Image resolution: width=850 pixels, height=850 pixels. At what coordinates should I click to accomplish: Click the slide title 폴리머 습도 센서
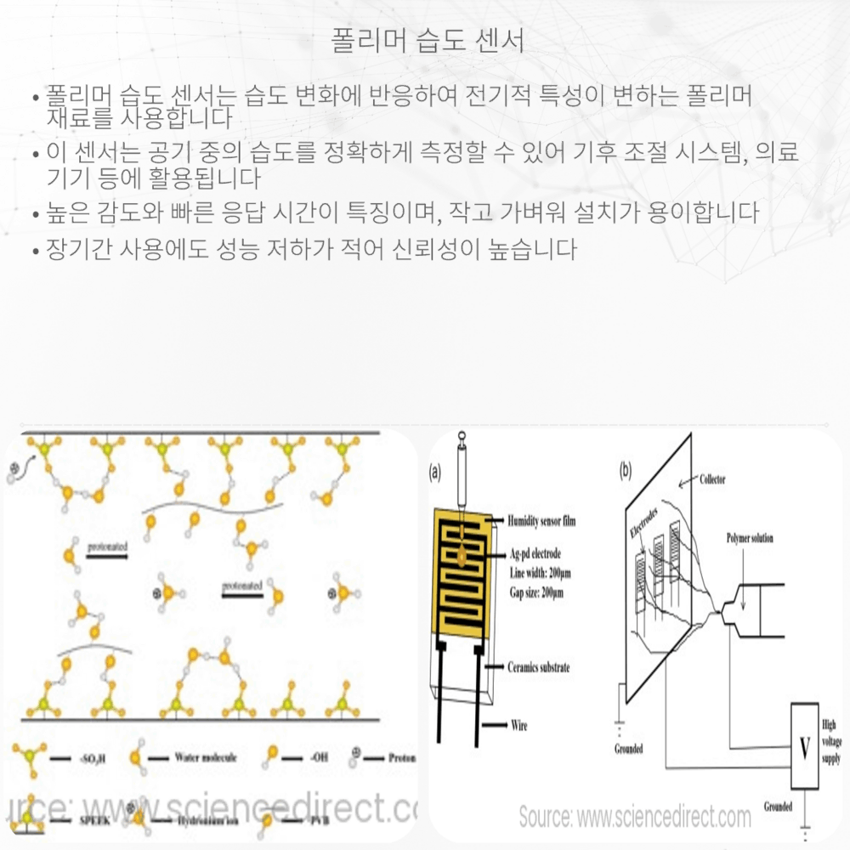[425, 40]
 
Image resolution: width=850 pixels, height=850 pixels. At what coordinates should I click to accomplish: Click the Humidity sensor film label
[541, 520]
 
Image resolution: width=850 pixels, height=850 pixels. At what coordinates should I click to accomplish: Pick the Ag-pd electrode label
[537, 554]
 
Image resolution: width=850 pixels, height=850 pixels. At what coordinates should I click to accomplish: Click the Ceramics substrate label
[538, 667]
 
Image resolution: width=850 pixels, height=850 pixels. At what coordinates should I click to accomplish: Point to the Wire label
[518, 725]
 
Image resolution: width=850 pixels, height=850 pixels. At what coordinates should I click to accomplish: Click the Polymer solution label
[750, 539]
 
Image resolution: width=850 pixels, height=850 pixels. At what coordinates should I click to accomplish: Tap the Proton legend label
[401, 755]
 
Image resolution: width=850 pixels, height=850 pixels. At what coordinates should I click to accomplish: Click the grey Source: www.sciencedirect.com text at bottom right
[635, 818]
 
